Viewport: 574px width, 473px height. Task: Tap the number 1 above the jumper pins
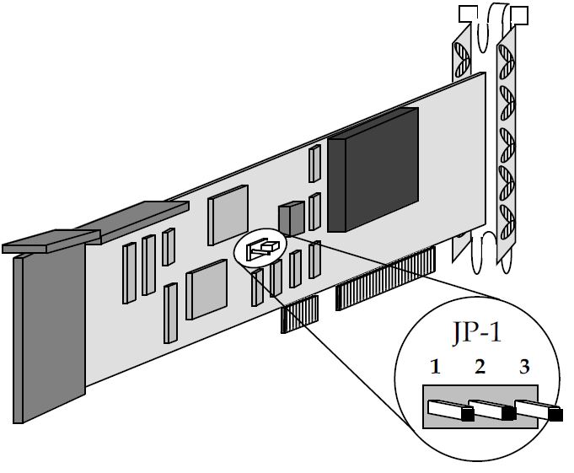tap(435, 367)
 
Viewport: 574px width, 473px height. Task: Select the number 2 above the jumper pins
tap(480, 367)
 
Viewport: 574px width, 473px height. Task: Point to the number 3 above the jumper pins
tap(524, 367)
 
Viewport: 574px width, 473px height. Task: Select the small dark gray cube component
tap(292, 218)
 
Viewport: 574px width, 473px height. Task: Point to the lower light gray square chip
tap(207, 288)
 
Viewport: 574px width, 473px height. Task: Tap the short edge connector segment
tap(299, 314)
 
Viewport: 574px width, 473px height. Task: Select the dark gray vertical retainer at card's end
tap(50, 337)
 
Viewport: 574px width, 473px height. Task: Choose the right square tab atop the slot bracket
tap(520, 14)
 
